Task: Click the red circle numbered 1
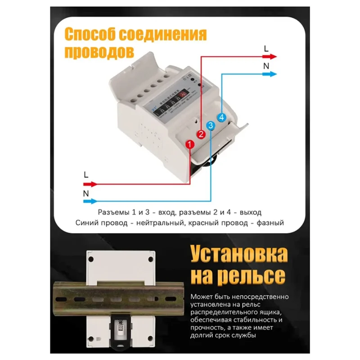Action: [189, 144]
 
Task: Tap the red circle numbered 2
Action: [201, 134]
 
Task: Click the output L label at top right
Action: [266, 48]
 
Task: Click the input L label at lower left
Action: [86, 174]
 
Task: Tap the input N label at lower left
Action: [86, 193]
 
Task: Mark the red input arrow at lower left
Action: [90, 184]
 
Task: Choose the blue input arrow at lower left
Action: [90, 201]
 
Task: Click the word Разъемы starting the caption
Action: [112, 212]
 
